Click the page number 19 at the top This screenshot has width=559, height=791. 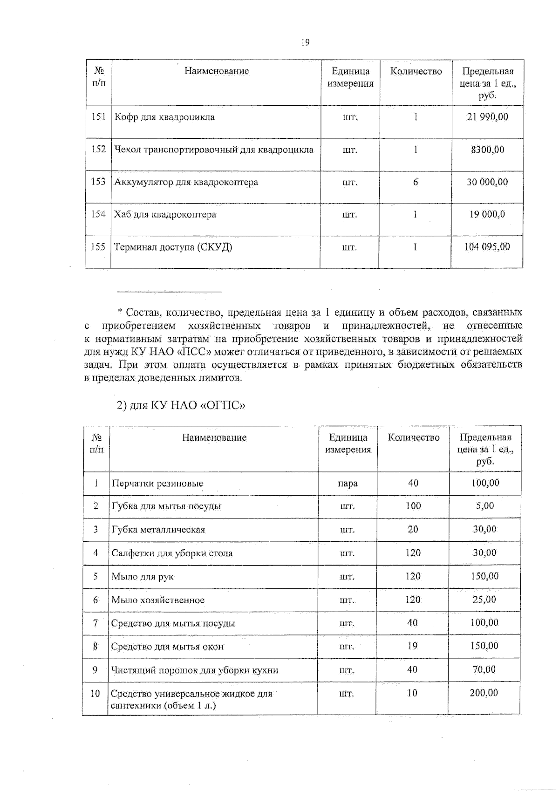click(x=305, y=43)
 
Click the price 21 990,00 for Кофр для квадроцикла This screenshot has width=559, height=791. click(x=487, y=117)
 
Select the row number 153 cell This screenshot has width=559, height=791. click(x=98, y=182)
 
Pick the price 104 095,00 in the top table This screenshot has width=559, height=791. click(x=487, y=247)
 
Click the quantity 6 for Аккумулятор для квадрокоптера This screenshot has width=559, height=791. click(x=415, y=182)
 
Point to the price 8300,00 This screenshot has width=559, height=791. click(x=487, y=150)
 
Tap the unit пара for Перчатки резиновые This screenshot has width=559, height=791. click(x=348, y=484)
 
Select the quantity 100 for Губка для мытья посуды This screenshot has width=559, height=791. click(x=413, y=506)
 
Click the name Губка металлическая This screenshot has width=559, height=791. click(x=158, y=530)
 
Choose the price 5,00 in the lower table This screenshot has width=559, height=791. click(x=485, y=506)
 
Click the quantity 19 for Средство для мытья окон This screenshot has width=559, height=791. click(x=412, y=646)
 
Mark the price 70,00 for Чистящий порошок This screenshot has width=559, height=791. click(x=484, y=669)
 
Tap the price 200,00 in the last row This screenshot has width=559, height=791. click(x=484, y=693)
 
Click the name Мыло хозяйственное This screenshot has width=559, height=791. click(x=158, y=600)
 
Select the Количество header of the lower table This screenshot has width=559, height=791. click(x=414, y=437)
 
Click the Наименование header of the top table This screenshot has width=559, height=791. click(x=217, y=71)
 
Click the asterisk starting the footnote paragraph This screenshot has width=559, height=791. click(x=120, y=312)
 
